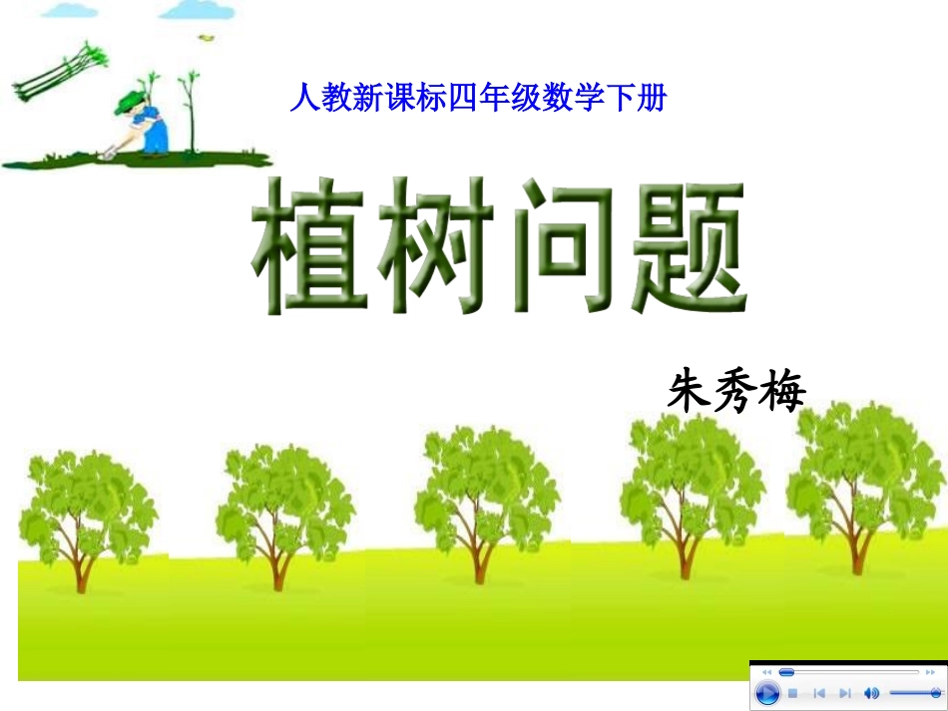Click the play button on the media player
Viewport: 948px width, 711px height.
tap(766, 693)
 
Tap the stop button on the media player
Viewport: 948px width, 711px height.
tap(793, 693)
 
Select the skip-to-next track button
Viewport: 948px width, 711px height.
tap(844, 693)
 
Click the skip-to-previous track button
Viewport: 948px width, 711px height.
tap(818, 693)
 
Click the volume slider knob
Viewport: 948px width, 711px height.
tap(934, 692)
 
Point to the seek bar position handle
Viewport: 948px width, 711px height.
tap(786, 672)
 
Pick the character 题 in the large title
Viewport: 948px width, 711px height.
tap(689, 246)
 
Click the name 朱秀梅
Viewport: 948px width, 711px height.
tap(736, 390)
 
